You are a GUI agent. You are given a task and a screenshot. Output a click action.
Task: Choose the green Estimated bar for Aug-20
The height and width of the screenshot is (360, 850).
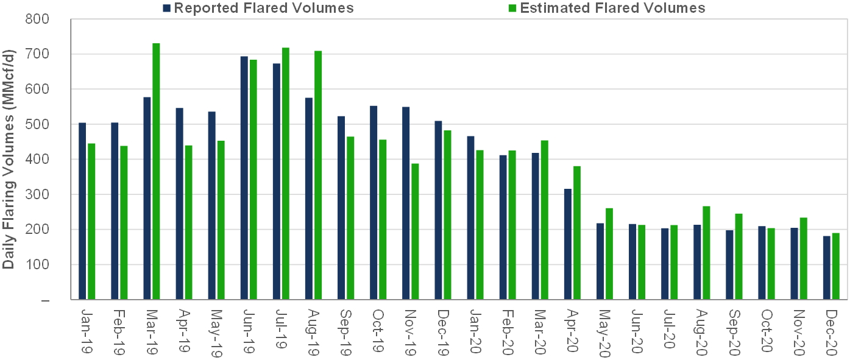706,253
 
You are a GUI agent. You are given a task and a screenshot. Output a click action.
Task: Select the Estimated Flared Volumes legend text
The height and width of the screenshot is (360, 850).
612,8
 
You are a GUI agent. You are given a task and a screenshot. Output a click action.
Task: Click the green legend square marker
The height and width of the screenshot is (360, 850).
512,8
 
